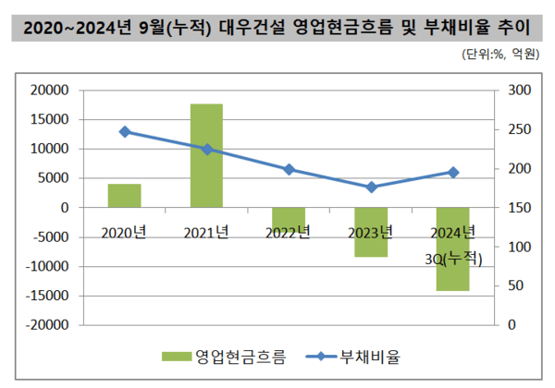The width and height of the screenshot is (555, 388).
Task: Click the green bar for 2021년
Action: point(206,155)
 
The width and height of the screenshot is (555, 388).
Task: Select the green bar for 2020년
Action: point(124,196)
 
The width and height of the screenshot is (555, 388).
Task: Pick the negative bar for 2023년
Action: point(371,232)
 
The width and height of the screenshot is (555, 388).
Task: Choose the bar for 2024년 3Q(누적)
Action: point(453,249)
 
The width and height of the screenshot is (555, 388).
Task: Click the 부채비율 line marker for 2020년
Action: point(125,131)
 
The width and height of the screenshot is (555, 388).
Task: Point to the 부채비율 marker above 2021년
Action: point(207,149)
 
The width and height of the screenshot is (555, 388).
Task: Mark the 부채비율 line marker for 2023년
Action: point(372,188)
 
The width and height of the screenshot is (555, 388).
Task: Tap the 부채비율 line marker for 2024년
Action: point(453,172)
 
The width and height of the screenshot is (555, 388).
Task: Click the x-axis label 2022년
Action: point(289,231)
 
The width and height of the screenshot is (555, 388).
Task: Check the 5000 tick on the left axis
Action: point(55,178)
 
